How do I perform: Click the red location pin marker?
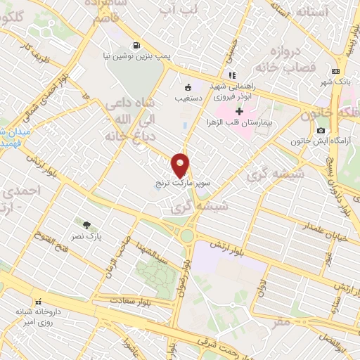coord(181,165)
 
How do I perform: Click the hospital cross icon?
coord(240,110)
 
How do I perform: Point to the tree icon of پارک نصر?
coord(86,226)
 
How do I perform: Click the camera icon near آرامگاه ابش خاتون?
coord(321,130)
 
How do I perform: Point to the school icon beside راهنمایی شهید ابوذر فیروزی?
coord(231,76)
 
